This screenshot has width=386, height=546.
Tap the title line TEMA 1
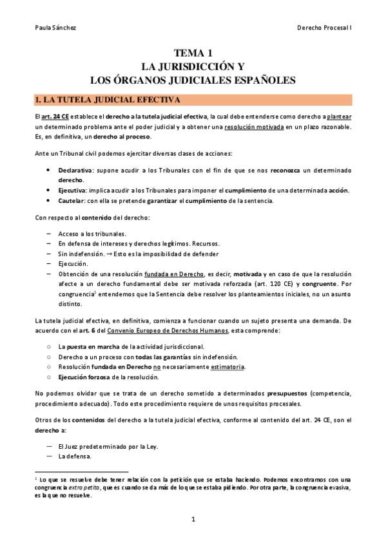193,53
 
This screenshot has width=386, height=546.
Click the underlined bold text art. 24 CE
55,117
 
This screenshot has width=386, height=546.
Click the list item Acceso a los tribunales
92,232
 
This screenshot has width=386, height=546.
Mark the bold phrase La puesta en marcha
89,346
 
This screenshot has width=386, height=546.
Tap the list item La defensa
75,457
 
